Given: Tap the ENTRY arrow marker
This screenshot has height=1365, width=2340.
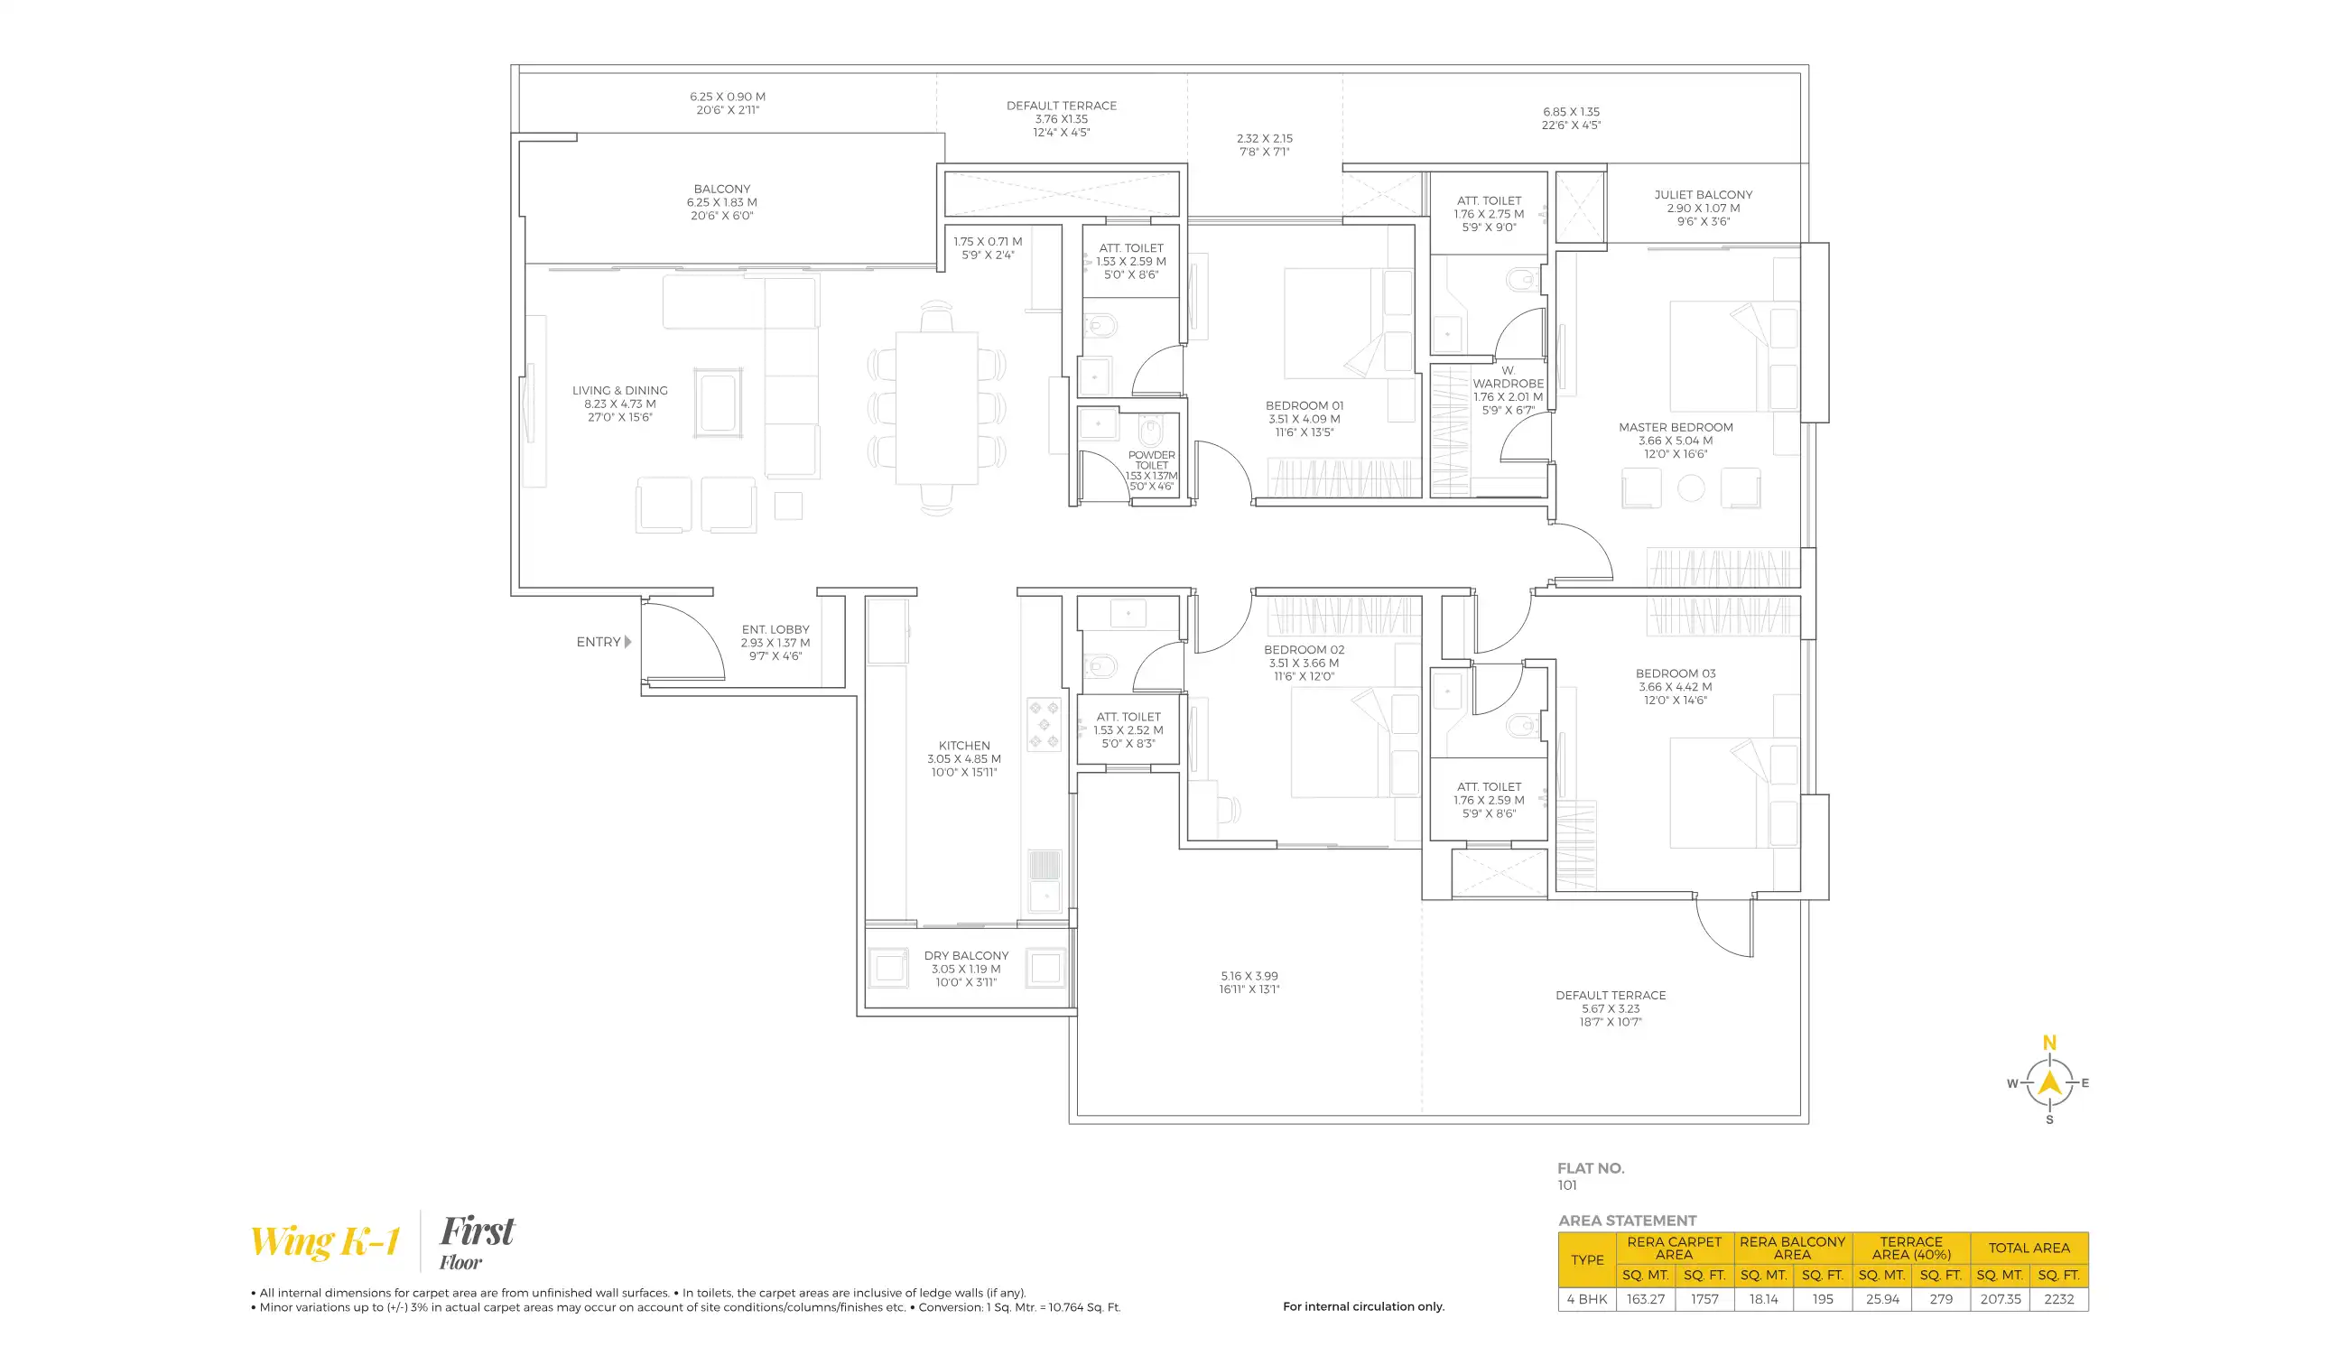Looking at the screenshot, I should click(x=628, y=642).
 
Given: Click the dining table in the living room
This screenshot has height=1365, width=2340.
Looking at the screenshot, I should click(x=936, y=408).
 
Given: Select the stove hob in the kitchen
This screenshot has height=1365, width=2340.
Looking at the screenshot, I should click(x=1044, y=724).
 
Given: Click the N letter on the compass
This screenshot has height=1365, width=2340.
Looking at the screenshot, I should click(x=2049, y=1043).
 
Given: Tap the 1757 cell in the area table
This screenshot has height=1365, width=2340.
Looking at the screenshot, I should click(x=1704, y=1299).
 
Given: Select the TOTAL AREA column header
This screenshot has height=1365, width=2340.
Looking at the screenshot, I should click(x=2029, y=1247).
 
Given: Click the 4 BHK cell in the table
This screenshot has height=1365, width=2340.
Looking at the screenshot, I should click(x=1587, y=1299).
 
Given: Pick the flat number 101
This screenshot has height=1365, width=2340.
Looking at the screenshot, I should click(x=1567, y=1184).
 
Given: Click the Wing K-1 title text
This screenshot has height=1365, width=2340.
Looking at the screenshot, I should click(x=325, y=1240).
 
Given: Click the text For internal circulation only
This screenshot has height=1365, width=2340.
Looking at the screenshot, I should click(x=1363, y=1305).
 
